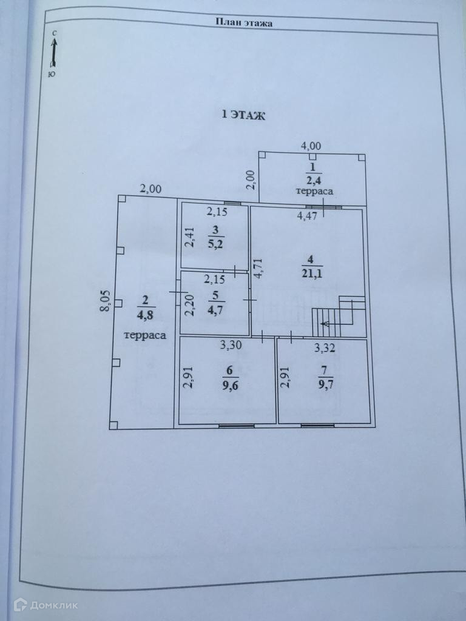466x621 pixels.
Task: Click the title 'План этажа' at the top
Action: click(244, 23)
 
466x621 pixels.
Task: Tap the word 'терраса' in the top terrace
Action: click(314, 191)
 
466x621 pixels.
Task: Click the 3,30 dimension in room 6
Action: click(231, 347)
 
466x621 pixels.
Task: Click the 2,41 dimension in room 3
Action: click(190, 237)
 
